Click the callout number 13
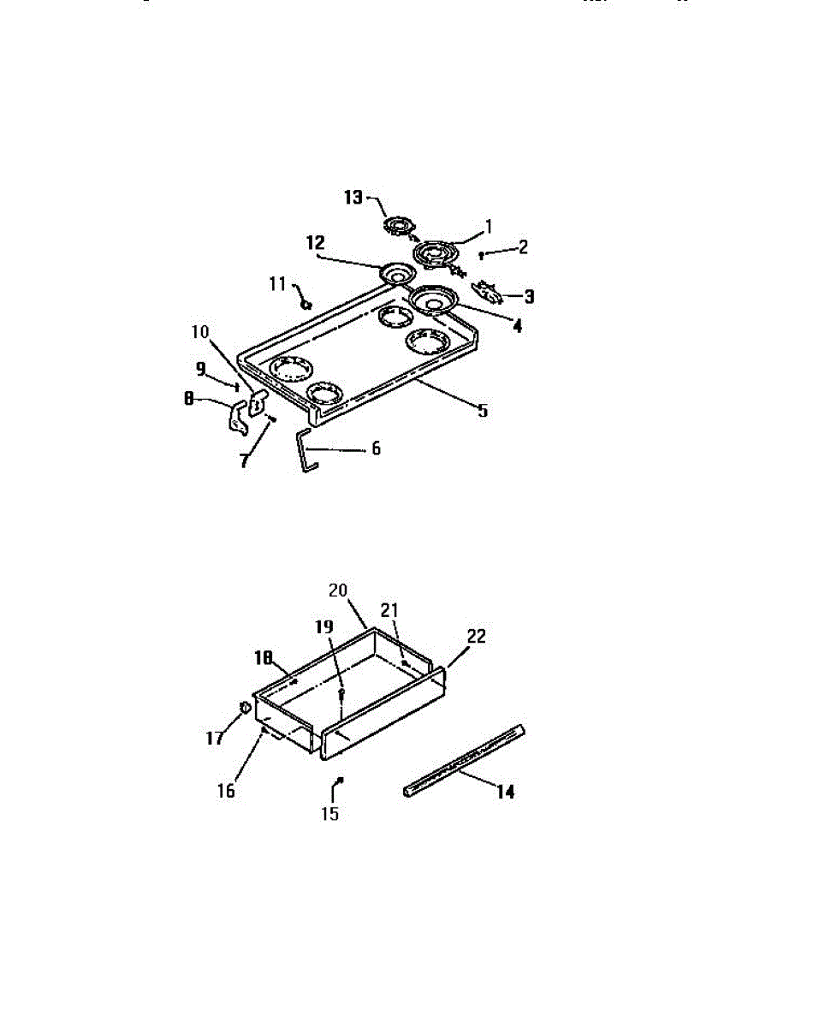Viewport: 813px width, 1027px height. (x=353, y=197)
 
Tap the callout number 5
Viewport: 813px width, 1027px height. (x=484, y=411)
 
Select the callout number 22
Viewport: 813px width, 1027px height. (x=476, y=636)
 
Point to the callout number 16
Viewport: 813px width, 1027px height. (x=226, y=791)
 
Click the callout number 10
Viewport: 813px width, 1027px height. (x=200, y=332)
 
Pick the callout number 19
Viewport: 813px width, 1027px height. (x=324, y=626)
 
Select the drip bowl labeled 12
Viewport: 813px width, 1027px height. (x=397, y=274)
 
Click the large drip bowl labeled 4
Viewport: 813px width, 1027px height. (x=434, y=300)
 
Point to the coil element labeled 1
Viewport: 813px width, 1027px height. (x=436, y=255)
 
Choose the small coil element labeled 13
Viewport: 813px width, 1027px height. (x=400, y=226)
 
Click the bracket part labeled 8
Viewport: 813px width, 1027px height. (x=237, y=418)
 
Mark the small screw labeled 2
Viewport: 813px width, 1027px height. (x=482, y=256)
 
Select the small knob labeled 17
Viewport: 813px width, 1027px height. (x=244, y=707)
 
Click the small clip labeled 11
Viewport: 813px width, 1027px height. (x=307, y=304)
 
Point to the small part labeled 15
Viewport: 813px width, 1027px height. (x=340, y=780)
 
